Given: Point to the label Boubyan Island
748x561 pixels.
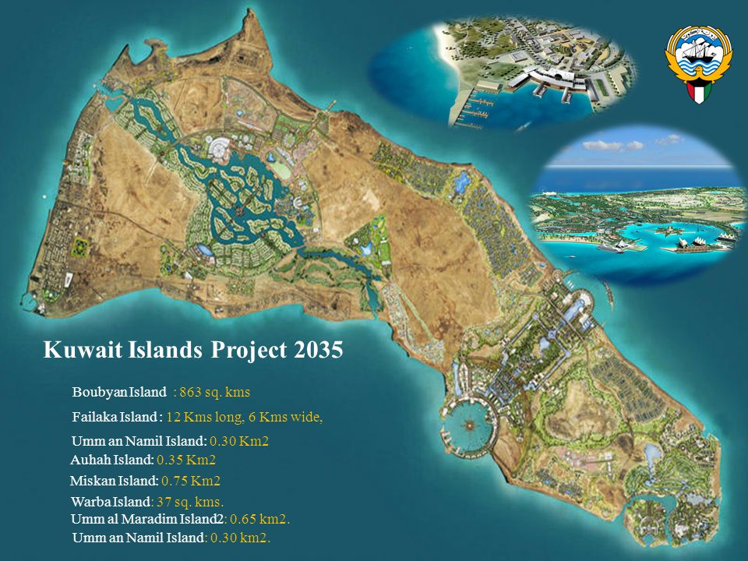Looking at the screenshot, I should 119,391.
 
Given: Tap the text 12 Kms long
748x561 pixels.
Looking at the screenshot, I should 210,417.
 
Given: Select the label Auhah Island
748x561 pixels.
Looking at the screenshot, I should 112,460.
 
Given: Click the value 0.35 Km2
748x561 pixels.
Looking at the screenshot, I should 186,460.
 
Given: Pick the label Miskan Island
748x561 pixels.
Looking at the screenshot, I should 114,481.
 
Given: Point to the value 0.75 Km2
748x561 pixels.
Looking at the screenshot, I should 191,481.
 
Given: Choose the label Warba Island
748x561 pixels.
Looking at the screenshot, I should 111,502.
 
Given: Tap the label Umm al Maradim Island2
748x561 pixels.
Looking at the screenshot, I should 148,519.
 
